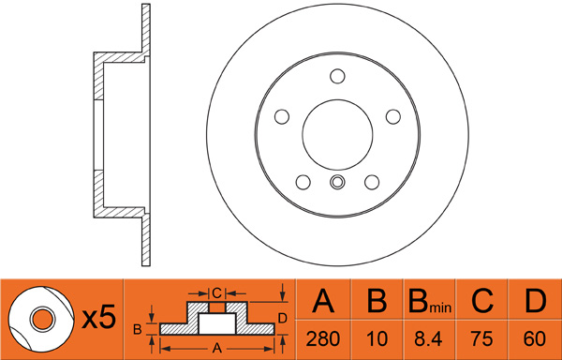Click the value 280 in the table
(x=322, y=338)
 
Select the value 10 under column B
(x=377, y=338)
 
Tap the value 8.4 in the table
(x=429, y=338)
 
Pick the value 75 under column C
(x=482, y=338)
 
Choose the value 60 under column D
(x=535, y=338)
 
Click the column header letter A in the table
(x=323, y=301)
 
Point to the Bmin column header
(x=430, y=301)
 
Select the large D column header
(x=535, y=301)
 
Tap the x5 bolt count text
(x=99, y=317)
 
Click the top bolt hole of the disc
(x=337, y=76)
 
